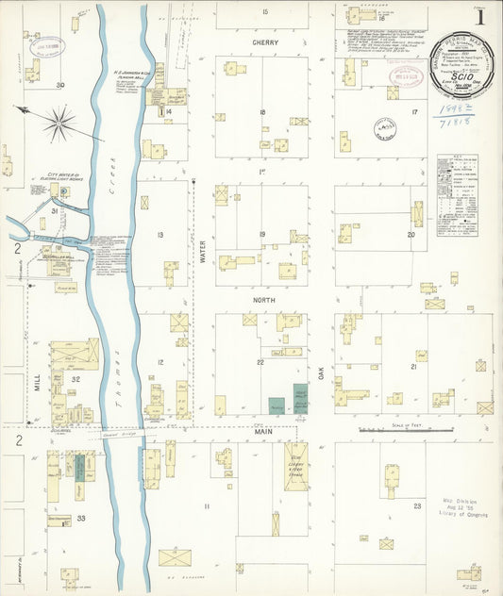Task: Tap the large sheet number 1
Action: coord(481,17)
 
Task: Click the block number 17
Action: coord(413,112)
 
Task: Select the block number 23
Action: coord(416,506)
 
